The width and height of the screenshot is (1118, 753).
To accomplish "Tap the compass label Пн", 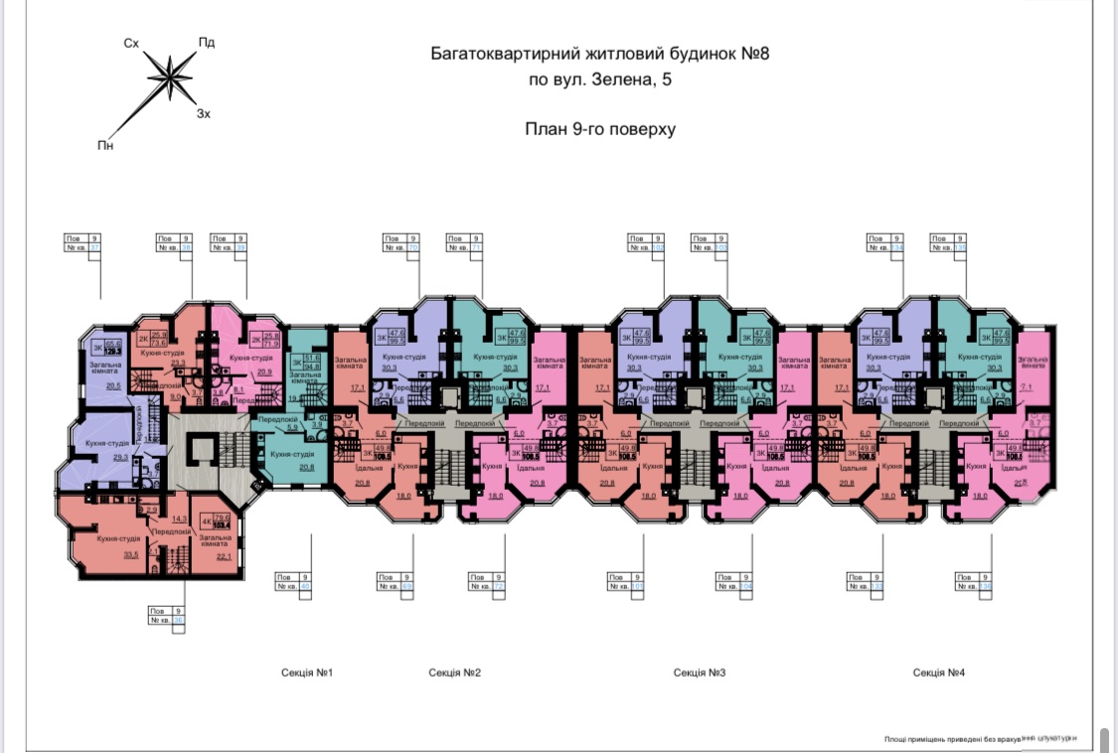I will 105,146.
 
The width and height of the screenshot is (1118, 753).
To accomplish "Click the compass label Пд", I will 207,43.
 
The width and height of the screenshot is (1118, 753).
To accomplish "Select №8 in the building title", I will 755,53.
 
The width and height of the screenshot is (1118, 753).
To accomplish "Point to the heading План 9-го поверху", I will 599,128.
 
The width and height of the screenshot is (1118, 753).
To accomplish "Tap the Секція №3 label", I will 700,673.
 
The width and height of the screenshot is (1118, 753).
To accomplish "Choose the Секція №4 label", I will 939,673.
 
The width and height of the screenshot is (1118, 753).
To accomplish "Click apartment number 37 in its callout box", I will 95,248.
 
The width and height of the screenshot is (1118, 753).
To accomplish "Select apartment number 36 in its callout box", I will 179,621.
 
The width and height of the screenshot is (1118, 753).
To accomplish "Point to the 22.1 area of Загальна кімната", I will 224,556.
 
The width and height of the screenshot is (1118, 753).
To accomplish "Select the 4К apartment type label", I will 206,522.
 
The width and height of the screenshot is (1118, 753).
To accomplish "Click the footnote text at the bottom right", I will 980,738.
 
